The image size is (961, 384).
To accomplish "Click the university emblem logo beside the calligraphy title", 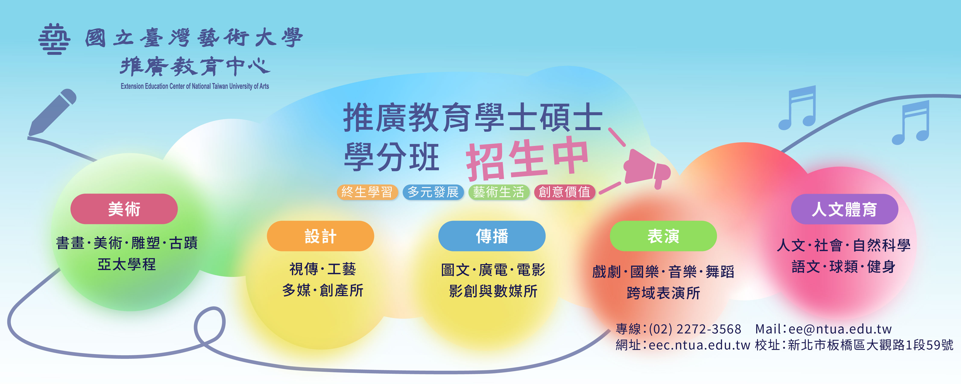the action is click(x=54, y=39).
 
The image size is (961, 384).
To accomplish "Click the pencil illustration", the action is click(x=52, y=112).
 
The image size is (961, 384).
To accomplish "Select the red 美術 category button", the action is click(x=124, y=209).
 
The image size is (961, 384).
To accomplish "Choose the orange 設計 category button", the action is click(x=321, y=236).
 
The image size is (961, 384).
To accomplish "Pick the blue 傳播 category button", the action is click(x=492, y=236).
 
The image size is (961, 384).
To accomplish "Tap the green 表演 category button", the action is click(x=663, y=236).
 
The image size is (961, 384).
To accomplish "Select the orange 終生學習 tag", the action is click(x=368, y=192).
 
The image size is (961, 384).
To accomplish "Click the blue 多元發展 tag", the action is click(x=433, y=192).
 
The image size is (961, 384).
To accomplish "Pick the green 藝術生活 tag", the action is click(x=499, y=192).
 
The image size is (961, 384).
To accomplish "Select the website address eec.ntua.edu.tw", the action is click(x=699, y=345).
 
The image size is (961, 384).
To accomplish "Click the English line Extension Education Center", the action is click(x=195, y=86).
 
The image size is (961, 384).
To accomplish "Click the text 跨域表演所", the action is click(x=663, y=293).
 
